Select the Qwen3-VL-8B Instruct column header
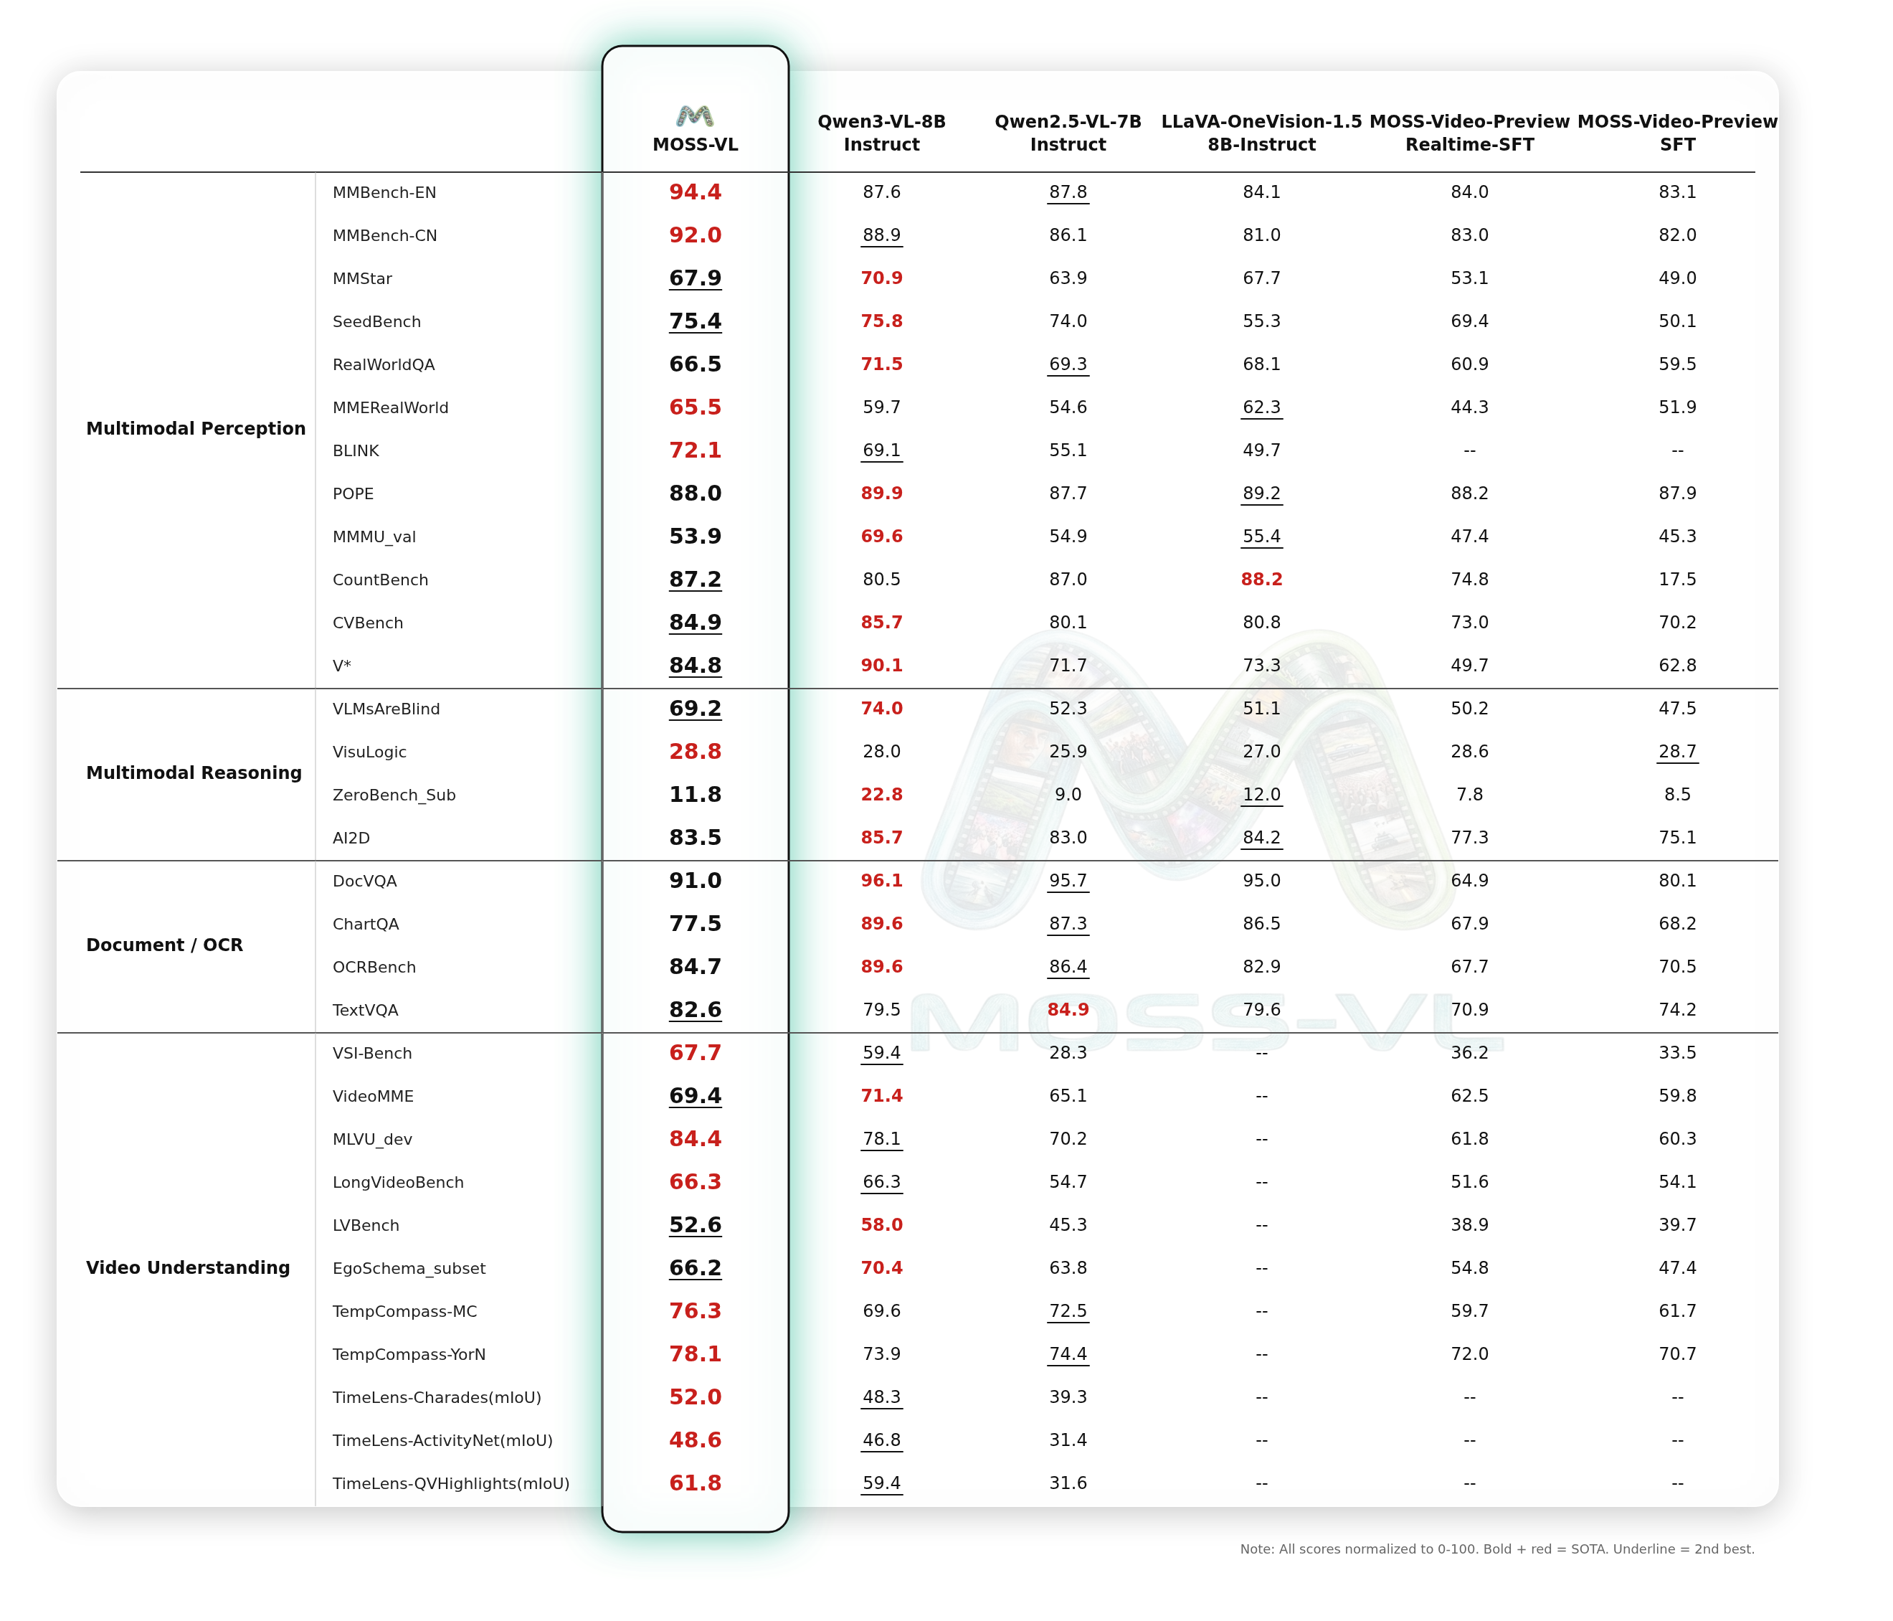pos(882,133)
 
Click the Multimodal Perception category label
pos(196,428)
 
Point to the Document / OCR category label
pos(164,945)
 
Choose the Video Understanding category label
pos(188,1267)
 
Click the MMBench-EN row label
pos(384,193)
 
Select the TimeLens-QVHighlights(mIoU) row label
pos(451,1483)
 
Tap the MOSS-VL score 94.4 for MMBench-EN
pos(696,192)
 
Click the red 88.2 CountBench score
pos(1262,580)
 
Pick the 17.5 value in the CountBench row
pos(1677,580)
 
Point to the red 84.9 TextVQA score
pos(1068,1010)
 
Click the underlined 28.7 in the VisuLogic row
pos(1677,751)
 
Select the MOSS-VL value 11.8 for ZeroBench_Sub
pos(696,795)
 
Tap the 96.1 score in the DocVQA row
pos(882,880)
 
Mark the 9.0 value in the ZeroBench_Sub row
pos(1068,795)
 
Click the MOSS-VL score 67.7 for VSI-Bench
pos(696,1053)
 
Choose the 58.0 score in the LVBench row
pos(882,1224)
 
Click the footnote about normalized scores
pos(1496,1549)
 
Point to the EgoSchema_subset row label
pos(409,1268)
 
